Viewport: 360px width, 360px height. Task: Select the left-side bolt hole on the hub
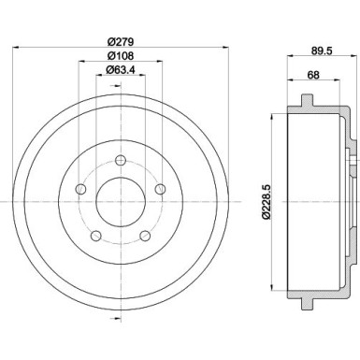tap(80, 191)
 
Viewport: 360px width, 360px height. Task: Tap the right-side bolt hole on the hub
tap(160, 191)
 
